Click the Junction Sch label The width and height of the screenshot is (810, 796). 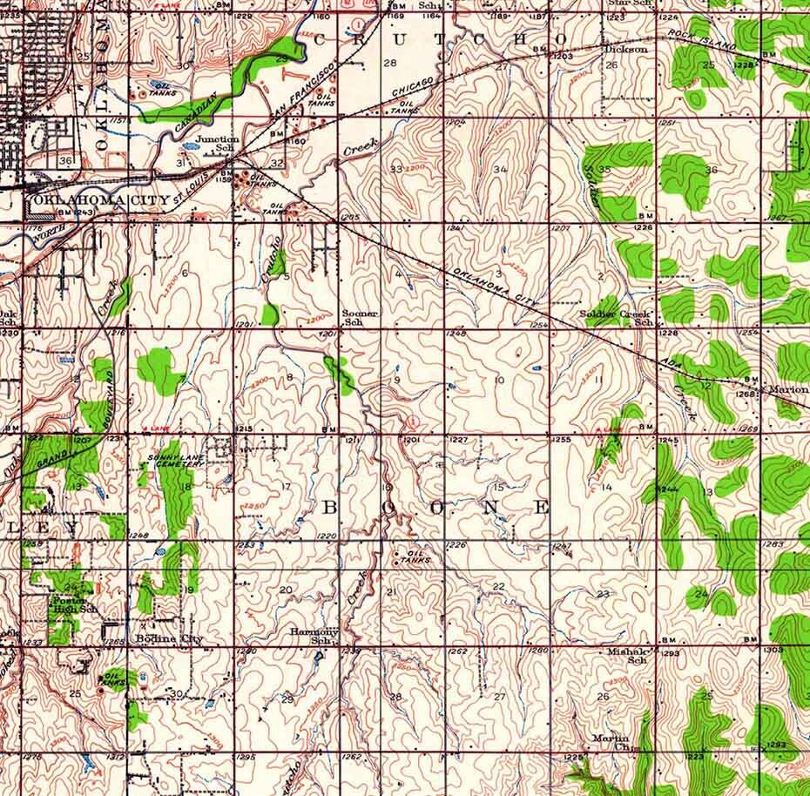(x=216, y=144)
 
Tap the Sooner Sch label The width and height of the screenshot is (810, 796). (x=360, y=317)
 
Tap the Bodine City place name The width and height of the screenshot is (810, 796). (x=170, y=639)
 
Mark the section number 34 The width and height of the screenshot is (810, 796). (x=500, y=168)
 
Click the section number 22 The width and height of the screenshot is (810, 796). (x=498, y=587)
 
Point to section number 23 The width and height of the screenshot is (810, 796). (x=603, y=594)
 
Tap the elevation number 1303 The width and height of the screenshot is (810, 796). (x=772, y=650)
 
